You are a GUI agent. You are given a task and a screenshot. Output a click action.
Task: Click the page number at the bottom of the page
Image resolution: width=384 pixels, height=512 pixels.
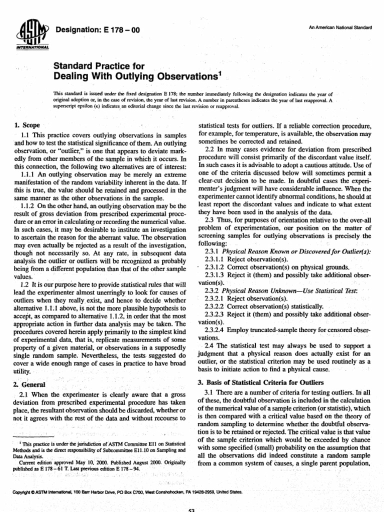[191, 509]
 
